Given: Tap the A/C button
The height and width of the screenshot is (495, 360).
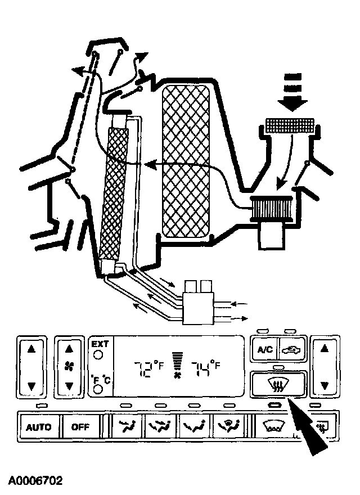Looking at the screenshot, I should coord(265,349).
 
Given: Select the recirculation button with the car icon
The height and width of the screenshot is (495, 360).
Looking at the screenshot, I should coord(292,349).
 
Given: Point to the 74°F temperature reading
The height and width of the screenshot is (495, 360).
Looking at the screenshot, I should coord(205,370).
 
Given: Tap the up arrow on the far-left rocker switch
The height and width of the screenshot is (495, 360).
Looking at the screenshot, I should coord(31,349).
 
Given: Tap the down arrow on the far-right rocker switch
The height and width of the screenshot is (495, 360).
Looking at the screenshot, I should coord(324,386).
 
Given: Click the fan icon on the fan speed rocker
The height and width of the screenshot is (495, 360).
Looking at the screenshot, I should coord(70,367).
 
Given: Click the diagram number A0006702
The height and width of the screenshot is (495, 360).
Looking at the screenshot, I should coord(35,480).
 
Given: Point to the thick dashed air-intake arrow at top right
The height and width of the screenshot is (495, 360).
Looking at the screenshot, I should coord(293,93).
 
